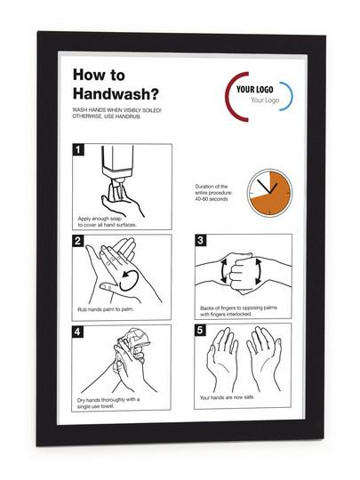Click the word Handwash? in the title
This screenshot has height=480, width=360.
tap(116, 93)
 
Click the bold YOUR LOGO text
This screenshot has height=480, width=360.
tap(255, 90)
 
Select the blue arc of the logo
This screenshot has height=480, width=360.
tap(289, 96)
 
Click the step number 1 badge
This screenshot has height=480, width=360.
tap(78, 149)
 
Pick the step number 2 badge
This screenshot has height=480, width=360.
tap(77, 241)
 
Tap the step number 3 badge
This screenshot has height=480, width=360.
tap(201, 240)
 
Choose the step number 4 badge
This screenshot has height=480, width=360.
tap(77, 332)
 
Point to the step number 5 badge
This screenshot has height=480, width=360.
tap(200, 330)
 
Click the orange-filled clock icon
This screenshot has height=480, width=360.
tap(269, 193)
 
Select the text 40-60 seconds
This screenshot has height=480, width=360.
tap(212, 199)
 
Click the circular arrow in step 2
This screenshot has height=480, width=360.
tap(129, 280)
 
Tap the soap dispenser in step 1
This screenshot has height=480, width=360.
tap(117, 167)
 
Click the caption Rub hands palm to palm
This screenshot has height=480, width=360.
tap(106, 309)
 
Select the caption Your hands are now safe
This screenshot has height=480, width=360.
tap(227, 397)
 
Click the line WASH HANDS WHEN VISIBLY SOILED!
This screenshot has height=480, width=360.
tap(116, 110)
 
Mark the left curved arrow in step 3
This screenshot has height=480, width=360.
tap(223, 270)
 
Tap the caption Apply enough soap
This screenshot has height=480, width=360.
tap(100, 219)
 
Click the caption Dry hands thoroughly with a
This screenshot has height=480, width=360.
tap(108, 400)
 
